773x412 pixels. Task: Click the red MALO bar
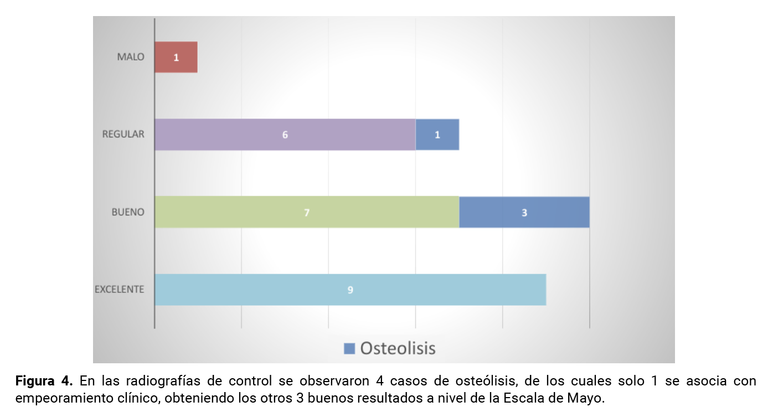coord(176,57)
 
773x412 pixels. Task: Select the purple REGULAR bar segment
coord(285,135)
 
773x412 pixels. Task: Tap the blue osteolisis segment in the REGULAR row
coord(437,135)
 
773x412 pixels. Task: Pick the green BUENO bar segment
coord(307,212)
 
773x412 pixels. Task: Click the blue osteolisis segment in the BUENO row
coord(524,212)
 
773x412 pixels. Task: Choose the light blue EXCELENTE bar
coord(351,290)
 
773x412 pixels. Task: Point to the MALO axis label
coord(131,57)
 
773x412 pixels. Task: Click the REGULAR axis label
coord(123,134)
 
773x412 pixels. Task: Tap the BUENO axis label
coord(128,212)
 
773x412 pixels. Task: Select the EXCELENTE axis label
coord(120,289)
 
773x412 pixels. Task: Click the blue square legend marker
coord(349,348)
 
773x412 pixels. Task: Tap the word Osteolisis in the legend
coord(398,348)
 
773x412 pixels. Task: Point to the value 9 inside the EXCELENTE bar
coord(351,290)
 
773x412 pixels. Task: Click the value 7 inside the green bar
coord(307,213)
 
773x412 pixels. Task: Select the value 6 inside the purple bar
coord(285,135)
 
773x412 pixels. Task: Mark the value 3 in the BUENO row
coord(524,213)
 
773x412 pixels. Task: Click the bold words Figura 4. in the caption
coord(44,382)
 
